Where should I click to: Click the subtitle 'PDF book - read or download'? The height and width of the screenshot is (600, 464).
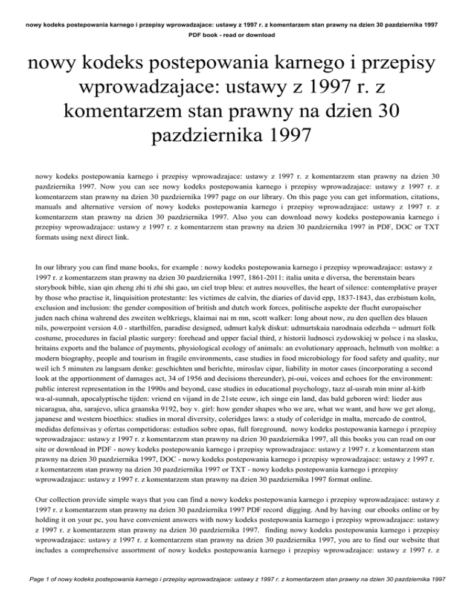click(232, 36)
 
